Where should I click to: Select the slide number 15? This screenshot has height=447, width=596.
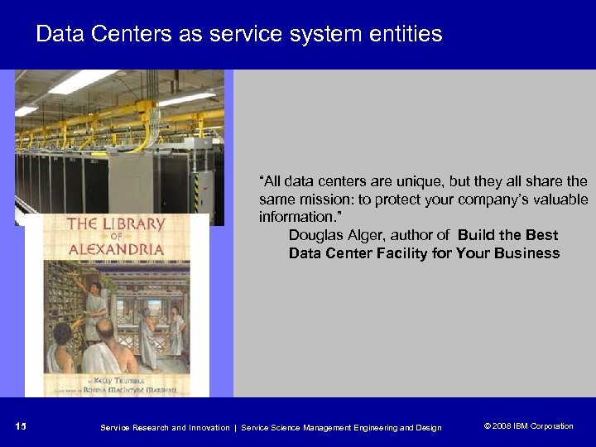pyautogui.click(x=22, y=426)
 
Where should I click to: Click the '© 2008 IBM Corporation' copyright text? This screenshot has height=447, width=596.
pyautogui.click(x=528, y=426)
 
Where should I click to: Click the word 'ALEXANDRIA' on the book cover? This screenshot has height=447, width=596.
pyautogui.click(x=116, y=248)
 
